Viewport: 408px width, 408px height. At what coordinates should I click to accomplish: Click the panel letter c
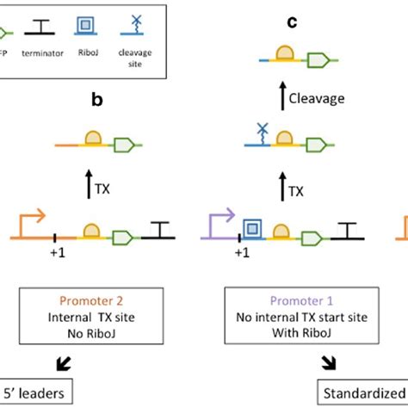[292, 22]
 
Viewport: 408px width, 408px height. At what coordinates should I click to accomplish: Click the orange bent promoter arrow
[27, 222]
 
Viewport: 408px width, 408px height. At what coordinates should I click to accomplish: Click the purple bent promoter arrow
[223, 222]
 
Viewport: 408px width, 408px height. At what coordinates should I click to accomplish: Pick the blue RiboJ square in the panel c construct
[253, 228]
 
